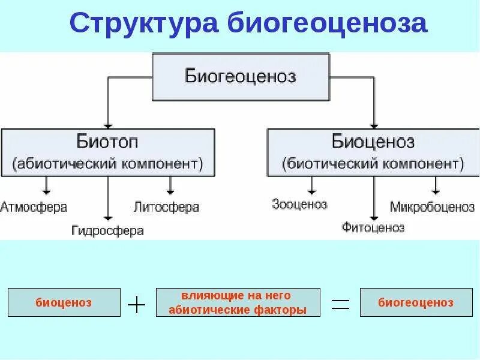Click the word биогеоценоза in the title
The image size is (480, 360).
(328, 23)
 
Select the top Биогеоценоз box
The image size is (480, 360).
(241, 77)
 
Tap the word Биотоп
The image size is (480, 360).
(107, 142)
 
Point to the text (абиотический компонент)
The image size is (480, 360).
(108, 163)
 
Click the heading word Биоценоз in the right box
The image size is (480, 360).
(373, 142)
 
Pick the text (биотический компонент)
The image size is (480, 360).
(373, 163)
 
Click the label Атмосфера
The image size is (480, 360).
(34, 208)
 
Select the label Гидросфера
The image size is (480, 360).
(107, 230)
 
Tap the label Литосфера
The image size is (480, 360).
(166, 208)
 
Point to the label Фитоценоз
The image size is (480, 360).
(373, 227)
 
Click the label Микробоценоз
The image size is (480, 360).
(432, 208)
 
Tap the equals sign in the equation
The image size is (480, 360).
(340, 304)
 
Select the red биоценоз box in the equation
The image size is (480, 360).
(64, 302)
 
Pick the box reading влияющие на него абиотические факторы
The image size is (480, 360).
(238, 302)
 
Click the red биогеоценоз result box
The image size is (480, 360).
(416, 302)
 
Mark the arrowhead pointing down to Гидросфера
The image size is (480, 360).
(108, 218)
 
